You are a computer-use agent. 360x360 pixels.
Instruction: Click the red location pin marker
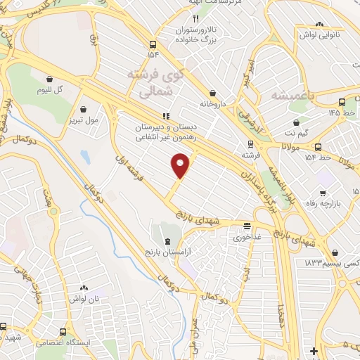[181, 166]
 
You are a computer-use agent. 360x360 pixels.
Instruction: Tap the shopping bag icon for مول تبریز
[84, 109]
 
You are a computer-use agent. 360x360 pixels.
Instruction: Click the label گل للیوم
[51, 91]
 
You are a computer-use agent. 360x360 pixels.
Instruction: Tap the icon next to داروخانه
[212, 93]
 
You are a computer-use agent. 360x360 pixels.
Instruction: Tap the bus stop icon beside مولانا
[319, 148]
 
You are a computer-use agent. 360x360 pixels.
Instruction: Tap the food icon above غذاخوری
[247, 226]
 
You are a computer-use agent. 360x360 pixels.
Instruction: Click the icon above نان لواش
[84, 288]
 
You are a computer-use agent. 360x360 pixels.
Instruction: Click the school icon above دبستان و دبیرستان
[166, 116]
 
